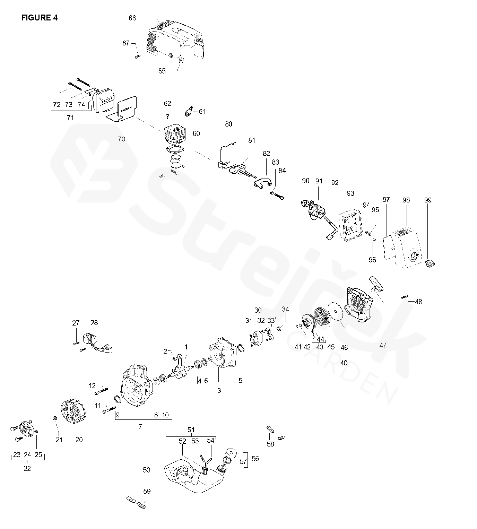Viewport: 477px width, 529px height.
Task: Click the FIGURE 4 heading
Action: click(x=40, y=18)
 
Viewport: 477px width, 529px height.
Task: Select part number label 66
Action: click(x=132, y=18)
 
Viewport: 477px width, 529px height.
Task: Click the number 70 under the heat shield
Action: click(x=121, y=139)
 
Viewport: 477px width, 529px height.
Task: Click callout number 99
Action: click(x=428, y=200)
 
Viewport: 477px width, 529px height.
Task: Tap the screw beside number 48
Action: click(x=404, y=297)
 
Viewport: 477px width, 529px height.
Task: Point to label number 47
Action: click(x=383, y=346)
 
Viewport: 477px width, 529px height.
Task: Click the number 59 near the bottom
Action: click(x=147, y=491)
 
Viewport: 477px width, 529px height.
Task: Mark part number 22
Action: click(x=27, y=468)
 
